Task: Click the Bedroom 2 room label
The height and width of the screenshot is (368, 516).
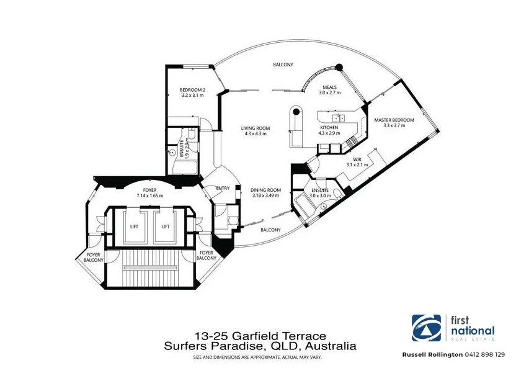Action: [192, 90]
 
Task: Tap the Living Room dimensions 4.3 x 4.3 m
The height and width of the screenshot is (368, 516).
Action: [256, 133]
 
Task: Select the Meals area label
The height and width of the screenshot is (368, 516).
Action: [330, 88]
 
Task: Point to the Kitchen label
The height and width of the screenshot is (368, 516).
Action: [329, 128]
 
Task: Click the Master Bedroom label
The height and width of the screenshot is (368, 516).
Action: [394, 120]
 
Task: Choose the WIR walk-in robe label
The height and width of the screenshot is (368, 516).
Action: [357, 159]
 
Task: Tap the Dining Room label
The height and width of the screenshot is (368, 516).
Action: [265, 190]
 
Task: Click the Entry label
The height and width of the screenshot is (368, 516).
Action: [223, 188]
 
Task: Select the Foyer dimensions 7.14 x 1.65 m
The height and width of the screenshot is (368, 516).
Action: [149, 195]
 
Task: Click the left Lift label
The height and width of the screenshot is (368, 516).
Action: [134, 227]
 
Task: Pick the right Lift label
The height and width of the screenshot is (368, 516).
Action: [166, 227]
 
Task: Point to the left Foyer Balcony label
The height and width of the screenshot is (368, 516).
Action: [94, 258]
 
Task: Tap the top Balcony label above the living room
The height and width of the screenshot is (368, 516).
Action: [283, 65]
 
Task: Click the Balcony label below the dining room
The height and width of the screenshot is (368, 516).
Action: [270, 230]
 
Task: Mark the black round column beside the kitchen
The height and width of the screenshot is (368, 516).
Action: [296, 111]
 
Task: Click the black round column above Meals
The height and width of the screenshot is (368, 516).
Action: [339, 68]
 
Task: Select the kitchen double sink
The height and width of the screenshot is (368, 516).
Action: [338, 118]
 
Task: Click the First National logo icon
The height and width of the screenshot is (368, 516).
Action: [427, 328]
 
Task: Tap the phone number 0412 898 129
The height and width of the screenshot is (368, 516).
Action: [485, 354]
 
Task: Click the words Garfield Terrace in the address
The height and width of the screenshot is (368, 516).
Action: [279, 336]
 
